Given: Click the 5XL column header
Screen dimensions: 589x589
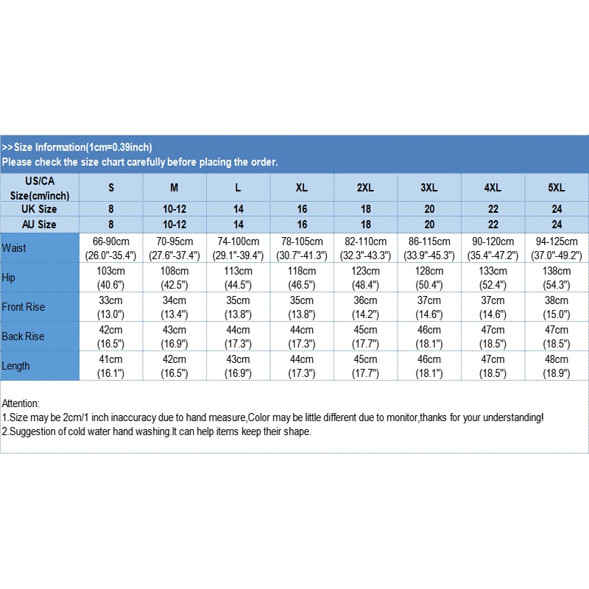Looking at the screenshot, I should (557, 188).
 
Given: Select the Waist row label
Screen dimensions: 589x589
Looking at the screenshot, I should (14, 248).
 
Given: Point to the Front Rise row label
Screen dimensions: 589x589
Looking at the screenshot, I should (24, 307).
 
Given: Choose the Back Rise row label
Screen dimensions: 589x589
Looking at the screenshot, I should (23, 336).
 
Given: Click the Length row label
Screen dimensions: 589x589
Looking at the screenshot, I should (17, 366).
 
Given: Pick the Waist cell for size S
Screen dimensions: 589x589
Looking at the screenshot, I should (111, 248).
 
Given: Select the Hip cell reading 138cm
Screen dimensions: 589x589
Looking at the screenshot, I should (557, 278).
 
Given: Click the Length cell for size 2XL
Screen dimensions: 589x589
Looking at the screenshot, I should (365, 366).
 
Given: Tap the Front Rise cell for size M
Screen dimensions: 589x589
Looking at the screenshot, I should (174, 307).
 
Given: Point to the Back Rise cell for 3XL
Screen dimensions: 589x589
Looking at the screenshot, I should (429, 336).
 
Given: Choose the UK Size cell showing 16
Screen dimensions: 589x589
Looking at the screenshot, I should (302, 209).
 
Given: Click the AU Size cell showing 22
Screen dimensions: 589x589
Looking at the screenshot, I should (493, 224).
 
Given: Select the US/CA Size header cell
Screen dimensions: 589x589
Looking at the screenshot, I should (40, 188).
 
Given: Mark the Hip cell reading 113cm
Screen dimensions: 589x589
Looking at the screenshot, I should (238, 278).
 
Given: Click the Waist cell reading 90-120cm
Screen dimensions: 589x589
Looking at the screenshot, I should (493, 248).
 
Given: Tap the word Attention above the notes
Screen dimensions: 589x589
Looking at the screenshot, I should (21, 403).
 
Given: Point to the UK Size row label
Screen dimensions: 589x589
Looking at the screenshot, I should (40, 209).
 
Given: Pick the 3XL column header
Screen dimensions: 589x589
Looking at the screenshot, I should (429, 188).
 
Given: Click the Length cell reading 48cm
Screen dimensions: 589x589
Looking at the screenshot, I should (557, 366).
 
